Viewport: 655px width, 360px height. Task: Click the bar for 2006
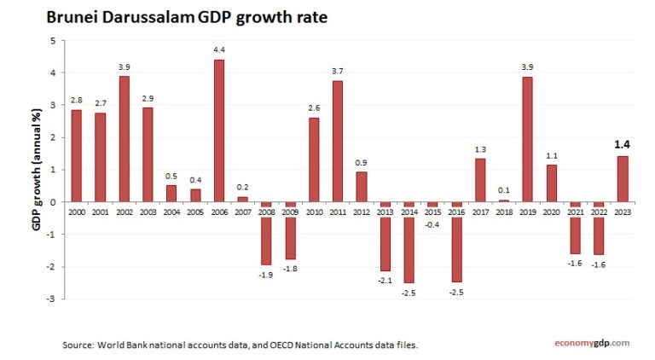coord(219,131)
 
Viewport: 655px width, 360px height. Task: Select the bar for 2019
coord(527,139)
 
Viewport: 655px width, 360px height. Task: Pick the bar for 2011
coord(337,141)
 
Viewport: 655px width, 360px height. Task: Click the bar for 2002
coord(125,138)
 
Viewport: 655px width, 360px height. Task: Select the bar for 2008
coord(266,241)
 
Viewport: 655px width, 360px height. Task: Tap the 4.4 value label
coord(219,50)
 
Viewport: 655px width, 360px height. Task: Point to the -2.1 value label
coord(385,280)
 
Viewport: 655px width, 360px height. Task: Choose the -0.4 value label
coord(432,224)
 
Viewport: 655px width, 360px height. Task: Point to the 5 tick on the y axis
coord(53,41)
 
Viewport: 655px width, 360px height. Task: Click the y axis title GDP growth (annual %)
coord(37,169)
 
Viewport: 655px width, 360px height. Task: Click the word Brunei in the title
coord(73,17)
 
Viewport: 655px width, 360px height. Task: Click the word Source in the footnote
coord(78,345)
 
